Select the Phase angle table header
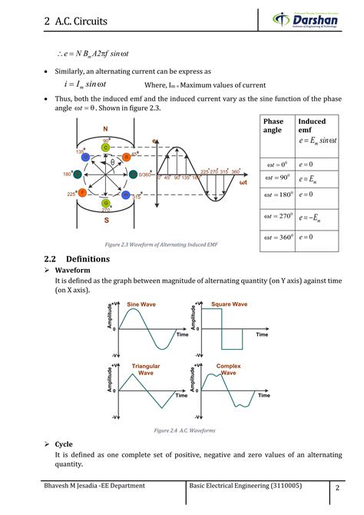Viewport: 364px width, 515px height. coord(273,126)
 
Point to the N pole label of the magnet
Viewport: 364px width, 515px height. coord(105,130)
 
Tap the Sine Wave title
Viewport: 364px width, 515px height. coord(141,304)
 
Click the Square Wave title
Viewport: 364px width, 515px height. coord(229,304)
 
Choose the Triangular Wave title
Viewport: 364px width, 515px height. coord(146,369)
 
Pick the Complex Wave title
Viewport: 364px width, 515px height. coord(229,369)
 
